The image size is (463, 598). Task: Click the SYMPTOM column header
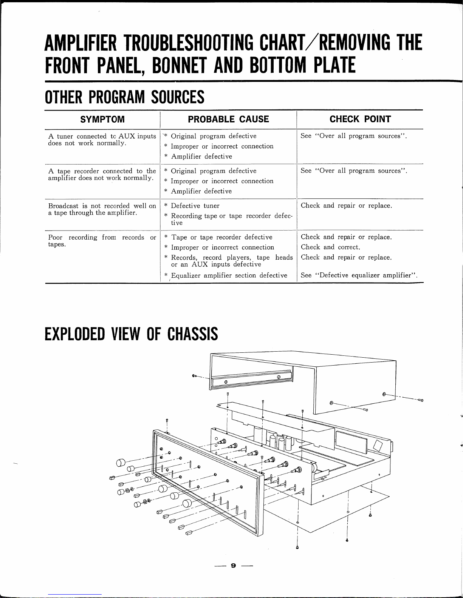click(102, 120)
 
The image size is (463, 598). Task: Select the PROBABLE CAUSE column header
click(228, 119)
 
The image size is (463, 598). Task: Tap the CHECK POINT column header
click(360, 119)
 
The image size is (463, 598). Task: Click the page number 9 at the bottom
click(233, 566)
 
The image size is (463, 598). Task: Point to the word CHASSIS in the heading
click(192, 334)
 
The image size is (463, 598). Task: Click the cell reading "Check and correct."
click(330, 248)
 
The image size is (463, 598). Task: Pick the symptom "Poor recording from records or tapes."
click(102, 241)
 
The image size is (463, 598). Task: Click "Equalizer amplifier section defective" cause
click(229, 275)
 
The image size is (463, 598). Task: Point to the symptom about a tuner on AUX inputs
click(102, 140)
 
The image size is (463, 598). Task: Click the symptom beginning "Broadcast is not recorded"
click(102, 209)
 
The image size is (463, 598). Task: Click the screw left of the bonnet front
click(194, 376)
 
